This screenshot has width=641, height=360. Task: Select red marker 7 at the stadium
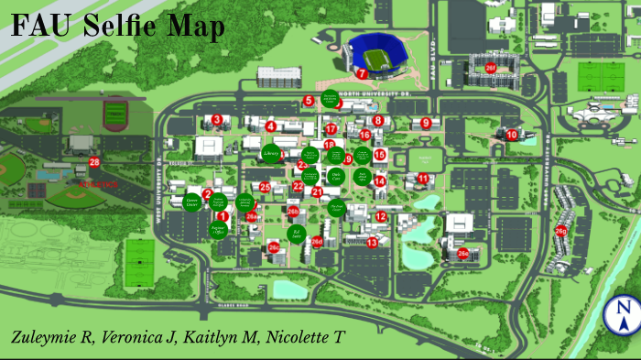(x=363, y=73)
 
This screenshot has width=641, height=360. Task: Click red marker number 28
(x=94, y=162)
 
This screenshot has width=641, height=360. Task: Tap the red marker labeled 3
(x=217, y=119)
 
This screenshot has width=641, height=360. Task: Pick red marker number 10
(x=512, y=135)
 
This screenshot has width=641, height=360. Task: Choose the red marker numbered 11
(x=422, y=178)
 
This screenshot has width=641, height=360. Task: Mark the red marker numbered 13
(x=372, y=243)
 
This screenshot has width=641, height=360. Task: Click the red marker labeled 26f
(x=491, y=67)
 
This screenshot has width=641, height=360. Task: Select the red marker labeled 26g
(x=560, y=231)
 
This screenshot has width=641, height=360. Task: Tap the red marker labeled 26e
(x=463, y=255)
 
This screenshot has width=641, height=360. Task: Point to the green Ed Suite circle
(x=296, y=235)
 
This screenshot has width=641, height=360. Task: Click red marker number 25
(x=265, y=188)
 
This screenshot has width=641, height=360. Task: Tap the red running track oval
(x=115, y=115)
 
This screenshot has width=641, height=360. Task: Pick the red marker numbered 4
(x=271, y=125)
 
